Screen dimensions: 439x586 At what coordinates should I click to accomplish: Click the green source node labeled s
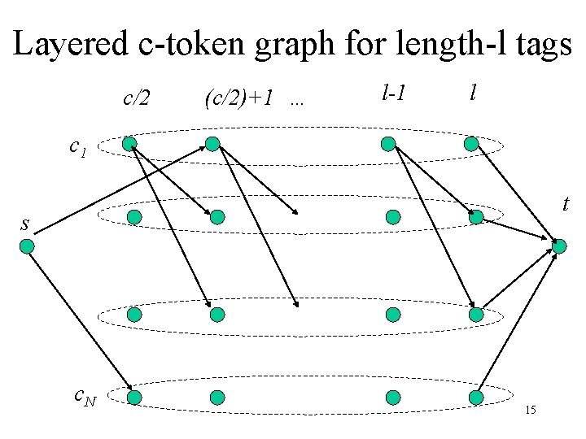tap(27, 245)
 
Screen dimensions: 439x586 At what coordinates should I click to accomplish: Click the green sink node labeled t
tap(561, 246)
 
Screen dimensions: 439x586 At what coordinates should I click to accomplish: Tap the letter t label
tap(565, 206)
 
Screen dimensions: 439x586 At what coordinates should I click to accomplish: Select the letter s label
tap(25, 221)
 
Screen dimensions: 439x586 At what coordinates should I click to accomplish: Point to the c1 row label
tap(78, 148)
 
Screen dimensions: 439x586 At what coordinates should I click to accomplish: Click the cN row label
tap(85, 397)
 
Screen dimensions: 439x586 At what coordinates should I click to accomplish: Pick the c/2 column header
tap(136, 99)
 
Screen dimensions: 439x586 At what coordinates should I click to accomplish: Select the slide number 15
tap(530, 409)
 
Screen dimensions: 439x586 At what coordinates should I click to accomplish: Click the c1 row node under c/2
tap(129, 144)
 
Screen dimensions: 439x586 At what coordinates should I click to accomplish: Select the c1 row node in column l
tap(471, 144)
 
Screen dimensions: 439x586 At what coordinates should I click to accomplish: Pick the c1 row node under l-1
tap(388, 144)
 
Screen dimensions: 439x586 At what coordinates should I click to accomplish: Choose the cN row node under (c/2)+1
tap(217, 398)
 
